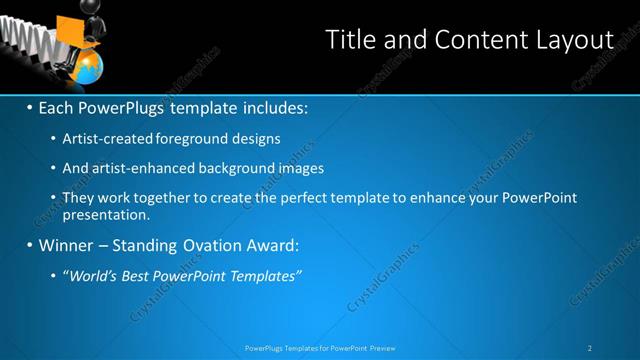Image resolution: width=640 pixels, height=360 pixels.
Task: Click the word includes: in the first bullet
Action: click(271, 106)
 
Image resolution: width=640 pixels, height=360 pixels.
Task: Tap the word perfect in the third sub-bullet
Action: click(317, 198)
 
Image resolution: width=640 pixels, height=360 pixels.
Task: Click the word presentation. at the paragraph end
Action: click(106, 213)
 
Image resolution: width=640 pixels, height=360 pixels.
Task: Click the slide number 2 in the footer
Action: click(591, 347)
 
